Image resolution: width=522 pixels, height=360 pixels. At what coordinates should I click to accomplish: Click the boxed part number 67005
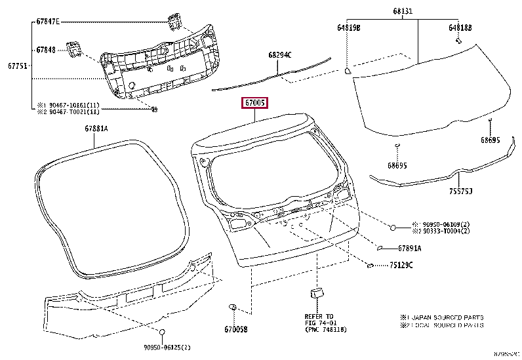pos(255,103)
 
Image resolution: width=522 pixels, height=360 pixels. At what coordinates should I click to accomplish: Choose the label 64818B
pos(460,28)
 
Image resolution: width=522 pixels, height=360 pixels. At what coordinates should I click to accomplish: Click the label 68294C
pos(280,54)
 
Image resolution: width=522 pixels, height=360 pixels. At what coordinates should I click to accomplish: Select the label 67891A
pos(410,249)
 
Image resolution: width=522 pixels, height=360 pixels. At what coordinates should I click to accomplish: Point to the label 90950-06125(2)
pos(163,346)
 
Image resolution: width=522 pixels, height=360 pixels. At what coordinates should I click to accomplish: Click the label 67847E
pos(48,22)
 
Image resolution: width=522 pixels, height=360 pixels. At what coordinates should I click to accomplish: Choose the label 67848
pos(46,49)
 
